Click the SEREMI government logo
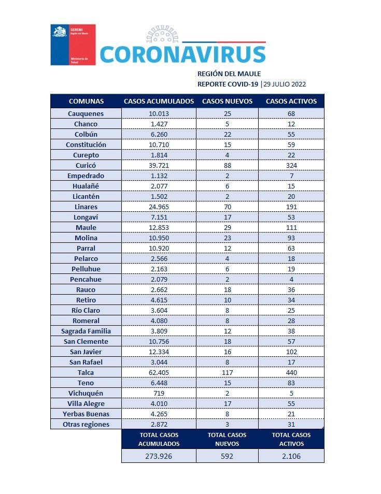73,45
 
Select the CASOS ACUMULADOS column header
159,101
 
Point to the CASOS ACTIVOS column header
291,101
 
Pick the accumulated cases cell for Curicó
159,165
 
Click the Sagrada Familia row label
86,331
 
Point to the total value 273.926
159,456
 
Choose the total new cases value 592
227,456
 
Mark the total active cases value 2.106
291,456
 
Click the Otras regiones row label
86,424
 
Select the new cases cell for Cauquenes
227,113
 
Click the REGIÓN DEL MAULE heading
229,74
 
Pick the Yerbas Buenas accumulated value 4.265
159,414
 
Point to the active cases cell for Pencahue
291,279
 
